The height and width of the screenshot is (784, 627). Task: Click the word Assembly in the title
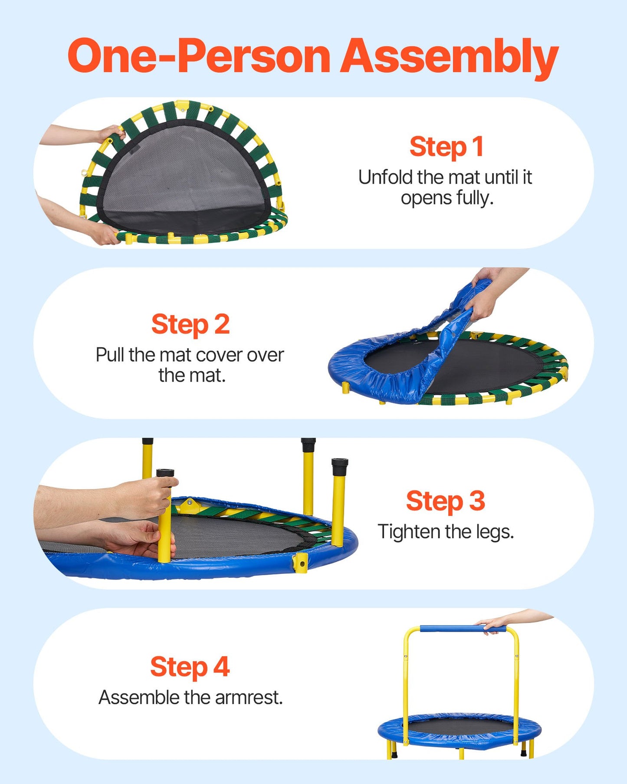(449, 56)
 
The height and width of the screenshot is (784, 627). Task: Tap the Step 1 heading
(446, 147)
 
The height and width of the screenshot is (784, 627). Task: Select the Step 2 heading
(190, 324)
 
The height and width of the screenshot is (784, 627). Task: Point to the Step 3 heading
(445, 501)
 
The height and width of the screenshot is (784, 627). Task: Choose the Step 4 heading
(190, 667)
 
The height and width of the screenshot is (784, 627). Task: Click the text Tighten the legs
(446, 532)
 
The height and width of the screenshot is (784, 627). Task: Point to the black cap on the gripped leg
(165, 473)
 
